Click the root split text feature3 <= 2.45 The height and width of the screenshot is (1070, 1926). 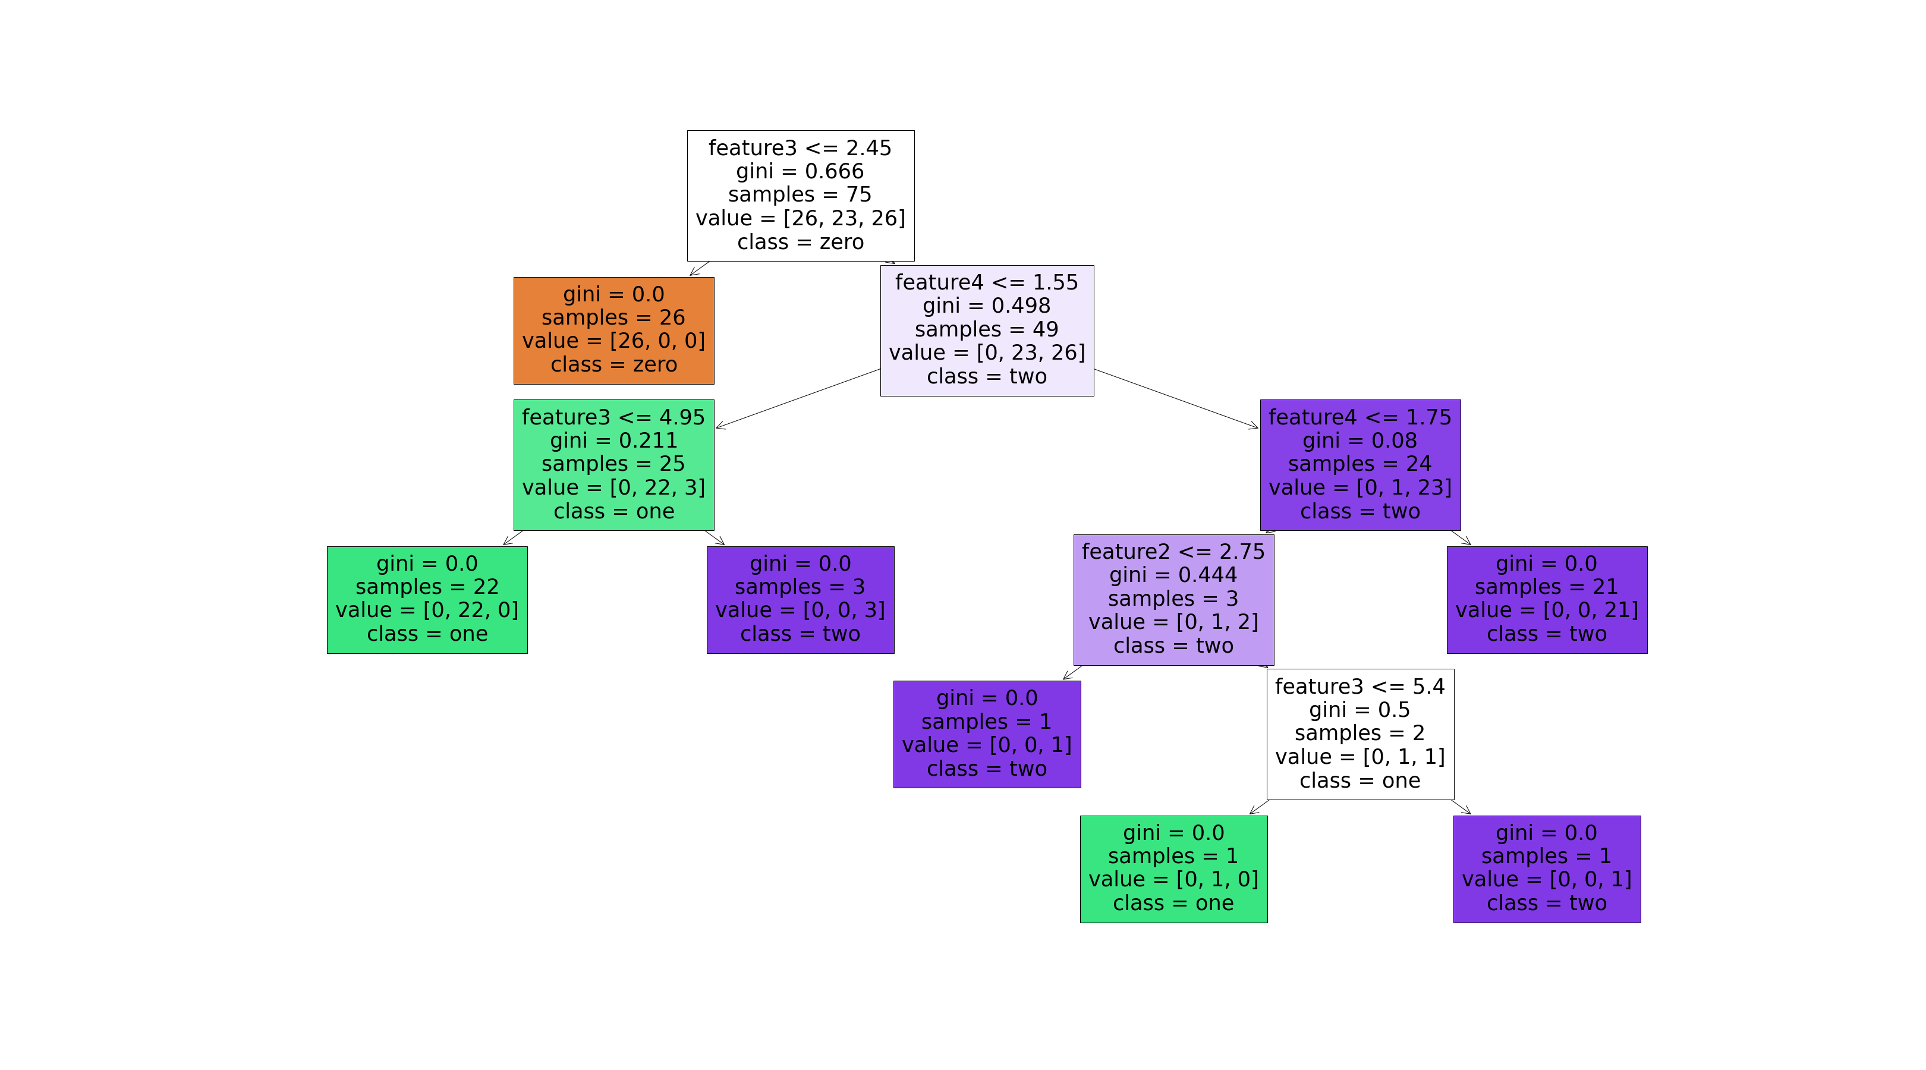click(x=800, y=148)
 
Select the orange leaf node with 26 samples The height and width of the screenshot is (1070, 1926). click(x=613, y=330)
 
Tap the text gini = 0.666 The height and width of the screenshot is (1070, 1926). click(x=800, y=171)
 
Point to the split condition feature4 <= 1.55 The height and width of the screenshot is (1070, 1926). click(x=986, y=282)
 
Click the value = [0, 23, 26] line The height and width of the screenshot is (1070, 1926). click(x=986, y=352)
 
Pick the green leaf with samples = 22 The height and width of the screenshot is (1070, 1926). click(x=427, y=599)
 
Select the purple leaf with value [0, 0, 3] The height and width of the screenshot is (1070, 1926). click(x=800, y=599)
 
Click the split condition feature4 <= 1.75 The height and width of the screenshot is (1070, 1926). click(x=1359, y=417)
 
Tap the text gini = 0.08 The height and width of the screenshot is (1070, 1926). click(x=1359, y=440)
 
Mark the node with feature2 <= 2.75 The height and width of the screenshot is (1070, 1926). click(x=1173, y=552)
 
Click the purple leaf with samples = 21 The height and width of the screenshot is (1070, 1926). click(x=1546, y=599)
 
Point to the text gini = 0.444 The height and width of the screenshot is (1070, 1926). click(x=1173, y=575)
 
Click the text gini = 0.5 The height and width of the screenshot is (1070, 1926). click(x=1359, y=710)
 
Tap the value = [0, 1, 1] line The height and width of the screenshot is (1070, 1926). click(x=1359, y=757)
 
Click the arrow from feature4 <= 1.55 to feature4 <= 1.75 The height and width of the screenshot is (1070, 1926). click(x=1176, y=398)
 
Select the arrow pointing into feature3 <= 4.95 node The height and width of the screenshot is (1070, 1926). click(x=798, y=398)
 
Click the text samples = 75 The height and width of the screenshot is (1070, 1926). click(x=800, y=194)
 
